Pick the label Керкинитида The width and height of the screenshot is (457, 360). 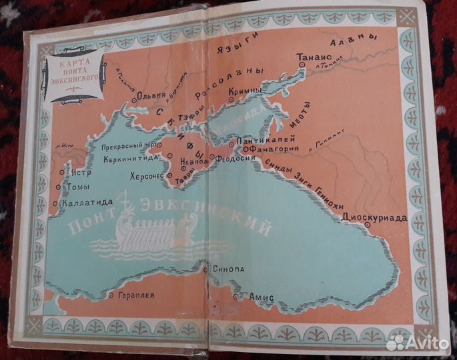click(x=131, y=159)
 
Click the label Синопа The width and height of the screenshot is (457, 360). click(x=227, y=269)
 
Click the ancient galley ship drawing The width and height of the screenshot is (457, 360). click(x=154, y=233)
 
